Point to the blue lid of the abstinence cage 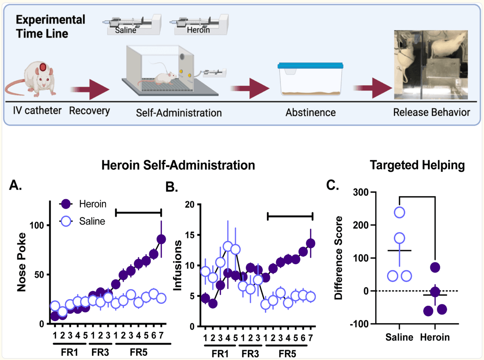(311, 65)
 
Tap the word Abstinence (310, 113)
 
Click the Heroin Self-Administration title (178, 165)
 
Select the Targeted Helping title (417, 165)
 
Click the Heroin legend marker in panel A (66, 203)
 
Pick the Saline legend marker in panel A (66, 221)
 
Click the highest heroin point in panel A (161, 239)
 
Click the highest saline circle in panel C (399, 212)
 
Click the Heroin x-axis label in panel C (435, 337)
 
